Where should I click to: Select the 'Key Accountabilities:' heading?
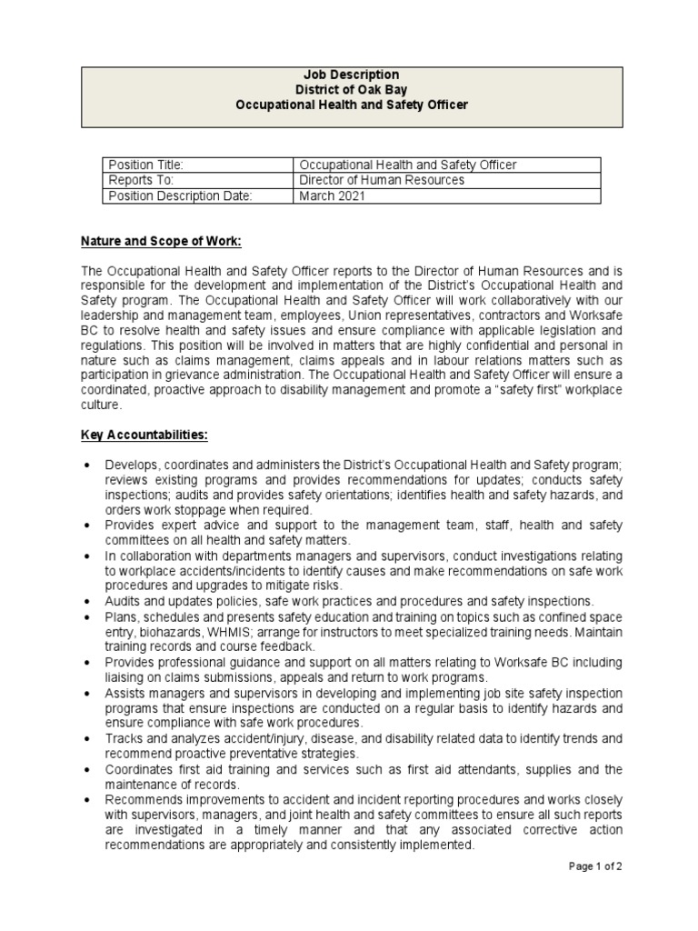(x=145, y=435)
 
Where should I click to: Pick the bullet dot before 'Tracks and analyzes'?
(x=86, y=739)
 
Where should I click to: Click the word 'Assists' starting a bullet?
(x=125, y=693)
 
